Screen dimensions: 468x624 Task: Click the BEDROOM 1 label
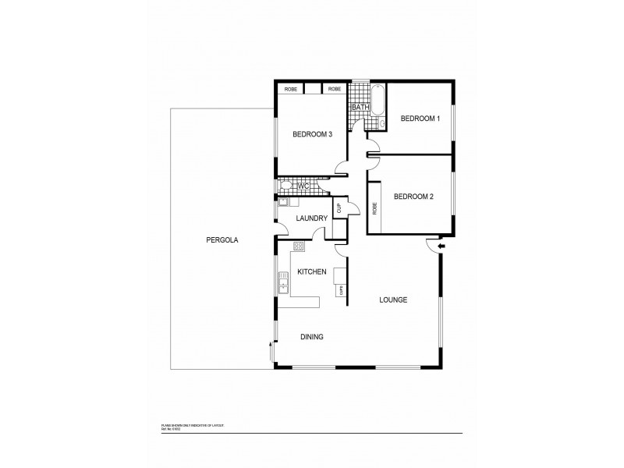[x=420, y=119]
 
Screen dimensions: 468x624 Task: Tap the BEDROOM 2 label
[x=413, y=197]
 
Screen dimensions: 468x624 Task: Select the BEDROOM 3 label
[x=312, y=134]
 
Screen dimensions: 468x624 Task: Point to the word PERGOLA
[x=222, y=239]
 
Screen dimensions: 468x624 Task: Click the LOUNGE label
[x=393, y=300]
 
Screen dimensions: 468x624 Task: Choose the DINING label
[x=311, y=337]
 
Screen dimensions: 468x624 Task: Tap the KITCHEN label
[x=312, y=271]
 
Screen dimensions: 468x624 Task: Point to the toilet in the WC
[x=286, y=186]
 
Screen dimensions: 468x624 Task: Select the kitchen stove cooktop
[x=298, y=246]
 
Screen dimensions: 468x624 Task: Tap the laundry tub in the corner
[x=284, y=202]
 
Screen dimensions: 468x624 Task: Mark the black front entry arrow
[x=441, y=246]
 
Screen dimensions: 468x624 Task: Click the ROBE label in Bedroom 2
[x=375, y=208]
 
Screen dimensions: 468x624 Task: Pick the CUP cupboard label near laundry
[x=339, y=208]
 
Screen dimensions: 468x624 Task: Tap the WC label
[x=304, y=186]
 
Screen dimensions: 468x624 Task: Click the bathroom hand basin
[x=381, y=124]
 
